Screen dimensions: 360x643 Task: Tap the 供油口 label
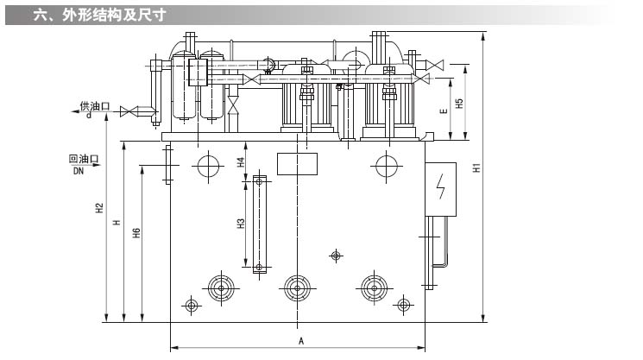point(95,106)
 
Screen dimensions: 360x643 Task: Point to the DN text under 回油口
point(78,171)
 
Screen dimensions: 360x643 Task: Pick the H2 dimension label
point(99,207)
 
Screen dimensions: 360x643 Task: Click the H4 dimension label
point(241,161)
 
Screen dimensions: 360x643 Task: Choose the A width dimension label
point(300,340)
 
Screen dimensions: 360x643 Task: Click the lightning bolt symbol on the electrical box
point(441,186)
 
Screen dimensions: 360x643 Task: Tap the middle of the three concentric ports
point(298,287)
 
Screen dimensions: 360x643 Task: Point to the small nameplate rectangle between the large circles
point(298,163)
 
